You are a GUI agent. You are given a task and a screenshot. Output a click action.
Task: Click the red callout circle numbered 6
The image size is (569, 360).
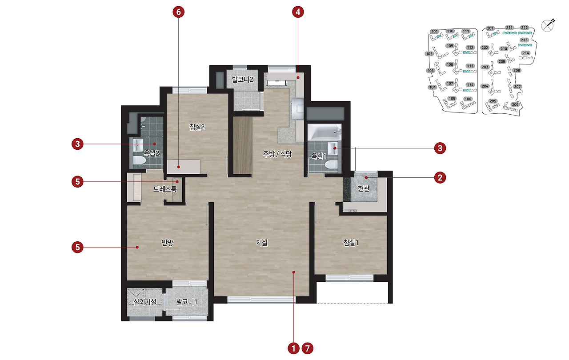coord(179,12)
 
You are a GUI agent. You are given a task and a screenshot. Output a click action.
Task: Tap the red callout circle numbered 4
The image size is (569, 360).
coord(298,12)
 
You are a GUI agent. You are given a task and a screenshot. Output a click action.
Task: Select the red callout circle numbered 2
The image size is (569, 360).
coord(440,177)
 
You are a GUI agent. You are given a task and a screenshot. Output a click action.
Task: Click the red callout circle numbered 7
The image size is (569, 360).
coord(307,348)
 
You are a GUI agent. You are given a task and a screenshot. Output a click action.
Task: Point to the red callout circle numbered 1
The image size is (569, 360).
coord(294,348)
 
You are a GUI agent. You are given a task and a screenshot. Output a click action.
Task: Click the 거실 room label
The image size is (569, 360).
coord(262,243)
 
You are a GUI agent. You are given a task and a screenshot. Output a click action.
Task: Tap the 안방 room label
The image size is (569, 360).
coord(168,243)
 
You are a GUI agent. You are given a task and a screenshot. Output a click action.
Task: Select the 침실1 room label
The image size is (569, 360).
coord(351,243)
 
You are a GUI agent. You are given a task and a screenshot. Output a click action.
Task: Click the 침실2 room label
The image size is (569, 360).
coord(197,127)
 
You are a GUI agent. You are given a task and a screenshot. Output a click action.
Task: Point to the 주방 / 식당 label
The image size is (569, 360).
coord(277,154)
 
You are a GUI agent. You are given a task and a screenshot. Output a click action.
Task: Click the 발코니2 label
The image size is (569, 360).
coord(243,80)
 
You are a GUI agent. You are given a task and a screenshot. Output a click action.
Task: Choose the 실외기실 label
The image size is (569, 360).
coord(145,302)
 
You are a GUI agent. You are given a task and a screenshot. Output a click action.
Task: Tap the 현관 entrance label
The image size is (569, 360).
coord(364,188)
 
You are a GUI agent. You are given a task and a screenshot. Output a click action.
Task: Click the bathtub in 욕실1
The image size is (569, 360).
coord(325,132)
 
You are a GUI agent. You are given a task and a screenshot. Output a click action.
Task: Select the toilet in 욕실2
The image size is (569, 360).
coord(139,160)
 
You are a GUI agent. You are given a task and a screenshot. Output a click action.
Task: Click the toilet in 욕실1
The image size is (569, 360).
coord(331,165)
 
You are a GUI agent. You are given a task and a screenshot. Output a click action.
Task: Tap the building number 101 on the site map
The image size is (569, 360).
coord(435,32)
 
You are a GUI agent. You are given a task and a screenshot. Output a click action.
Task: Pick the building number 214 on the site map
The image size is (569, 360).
coord(525,53)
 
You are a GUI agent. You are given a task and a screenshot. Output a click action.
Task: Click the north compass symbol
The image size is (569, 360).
coord(548,25)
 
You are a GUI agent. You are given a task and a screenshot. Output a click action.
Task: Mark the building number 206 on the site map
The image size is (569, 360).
coord(515,104)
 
